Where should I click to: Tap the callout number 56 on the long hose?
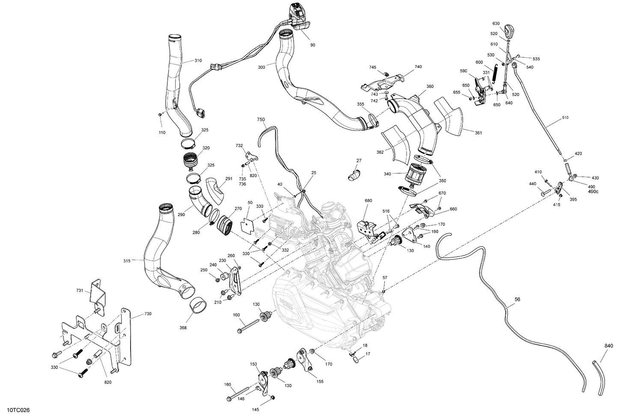pos(517,300)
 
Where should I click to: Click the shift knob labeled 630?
pos(508,31)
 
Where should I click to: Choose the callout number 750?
pos(261,119)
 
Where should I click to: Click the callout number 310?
pos(198,61)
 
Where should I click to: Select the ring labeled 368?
pos(199,306)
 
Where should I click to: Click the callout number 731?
pos(80,291)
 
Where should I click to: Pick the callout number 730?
pos(135,314)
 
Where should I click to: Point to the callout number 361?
pos(478,133)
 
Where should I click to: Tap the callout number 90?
pos(312,45)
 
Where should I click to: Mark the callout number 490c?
pos(593,191)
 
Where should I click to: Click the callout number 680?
pos(368,200)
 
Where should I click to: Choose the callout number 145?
pos(255,410)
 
